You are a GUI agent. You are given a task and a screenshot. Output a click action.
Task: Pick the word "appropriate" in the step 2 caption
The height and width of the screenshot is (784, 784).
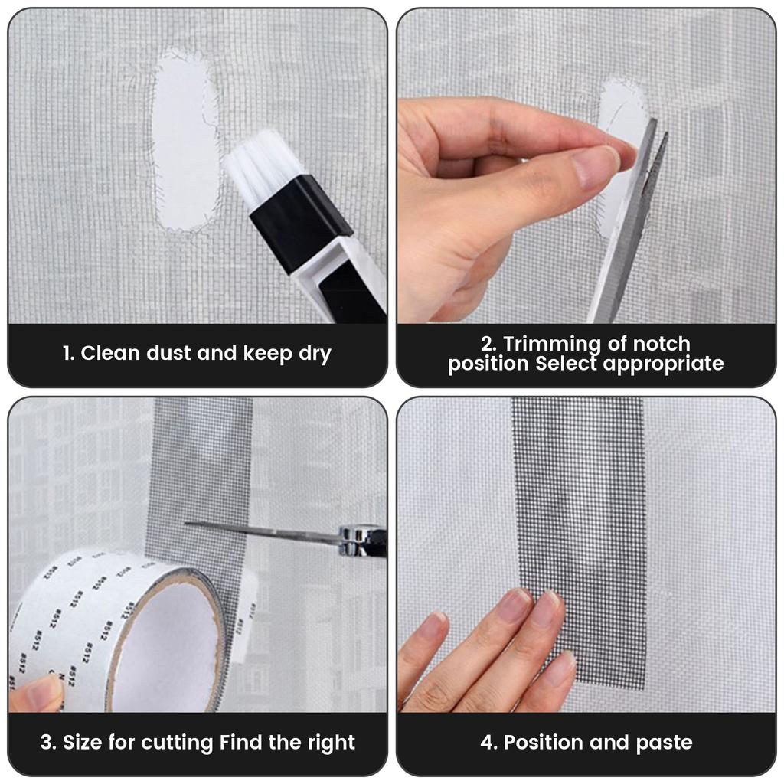coord(663,364)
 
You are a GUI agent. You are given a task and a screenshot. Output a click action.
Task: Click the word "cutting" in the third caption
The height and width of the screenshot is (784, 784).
coord(178,742)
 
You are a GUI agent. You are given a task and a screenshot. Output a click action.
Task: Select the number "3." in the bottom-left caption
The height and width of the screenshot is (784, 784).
coord(48,742)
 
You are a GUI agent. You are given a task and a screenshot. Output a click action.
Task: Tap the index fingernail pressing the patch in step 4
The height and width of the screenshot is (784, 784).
coord(544,608)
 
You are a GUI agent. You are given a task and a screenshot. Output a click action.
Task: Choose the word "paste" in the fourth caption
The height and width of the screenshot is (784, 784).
coord(664,742)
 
